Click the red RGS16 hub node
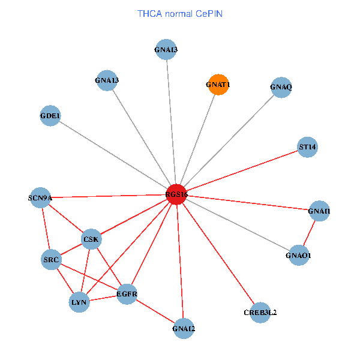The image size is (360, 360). click(x=176, y=194)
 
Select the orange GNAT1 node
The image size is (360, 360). click(x=218, y=85)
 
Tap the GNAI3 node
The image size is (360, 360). click(x=166, y=49)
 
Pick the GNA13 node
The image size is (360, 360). click(x=107, y=80)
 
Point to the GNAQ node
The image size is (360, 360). click(x=281, y=88)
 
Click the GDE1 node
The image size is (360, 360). click(x=50, y=116)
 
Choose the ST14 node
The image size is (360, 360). click(x=307, y=147)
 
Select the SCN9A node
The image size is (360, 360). click(x=40, y=197)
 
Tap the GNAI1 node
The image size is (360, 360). click(x=319, y=211)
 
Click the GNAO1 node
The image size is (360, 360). click(x=299, y=256)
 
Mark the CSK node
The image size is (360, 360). click(x=91, y=239)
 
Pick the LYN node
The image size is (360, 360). click(x=79, y=302)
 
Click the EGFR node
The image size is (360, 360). click(x=127, y=294)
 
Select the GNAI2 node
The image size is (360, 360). click(x=184, y=328)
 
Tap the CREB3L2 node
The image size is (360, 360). click(x=260, y=313)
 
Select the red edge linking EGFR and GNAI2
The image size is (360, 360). click(x=155, y=311)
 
